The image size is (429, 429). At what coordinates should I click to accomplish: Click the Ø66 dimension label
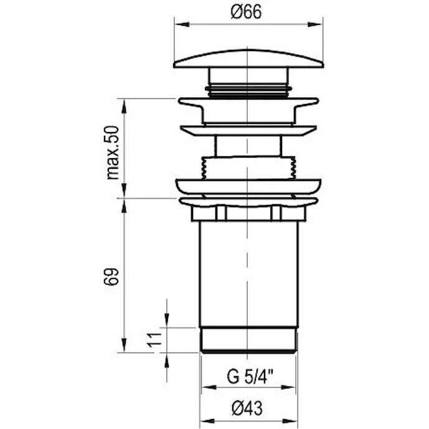[x=246, y=12]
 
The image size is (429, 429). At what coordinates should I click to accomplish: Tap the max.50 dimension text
[x=113, y=153]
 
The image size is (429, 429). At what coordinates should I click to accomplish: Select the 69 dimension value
[x=111, y=276]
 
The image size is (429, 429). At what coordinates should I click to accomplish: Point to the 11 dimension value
[x=155, y=340]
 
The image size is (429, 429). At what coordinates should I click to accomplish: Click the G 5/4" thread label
[x=250, y=377]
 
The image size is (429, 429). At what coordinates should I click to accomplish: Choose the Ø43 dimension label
[x=247, y=408]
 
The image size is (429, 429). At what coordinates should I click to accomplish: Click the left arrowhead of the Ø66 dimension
[x=182, y=24]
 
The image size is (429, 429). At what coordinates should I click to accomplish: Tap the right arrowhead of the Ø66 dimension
[x=314, y=24]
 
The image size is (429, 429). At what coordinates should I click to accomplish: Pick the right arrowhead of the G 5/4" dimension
[x=288, y=387]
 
